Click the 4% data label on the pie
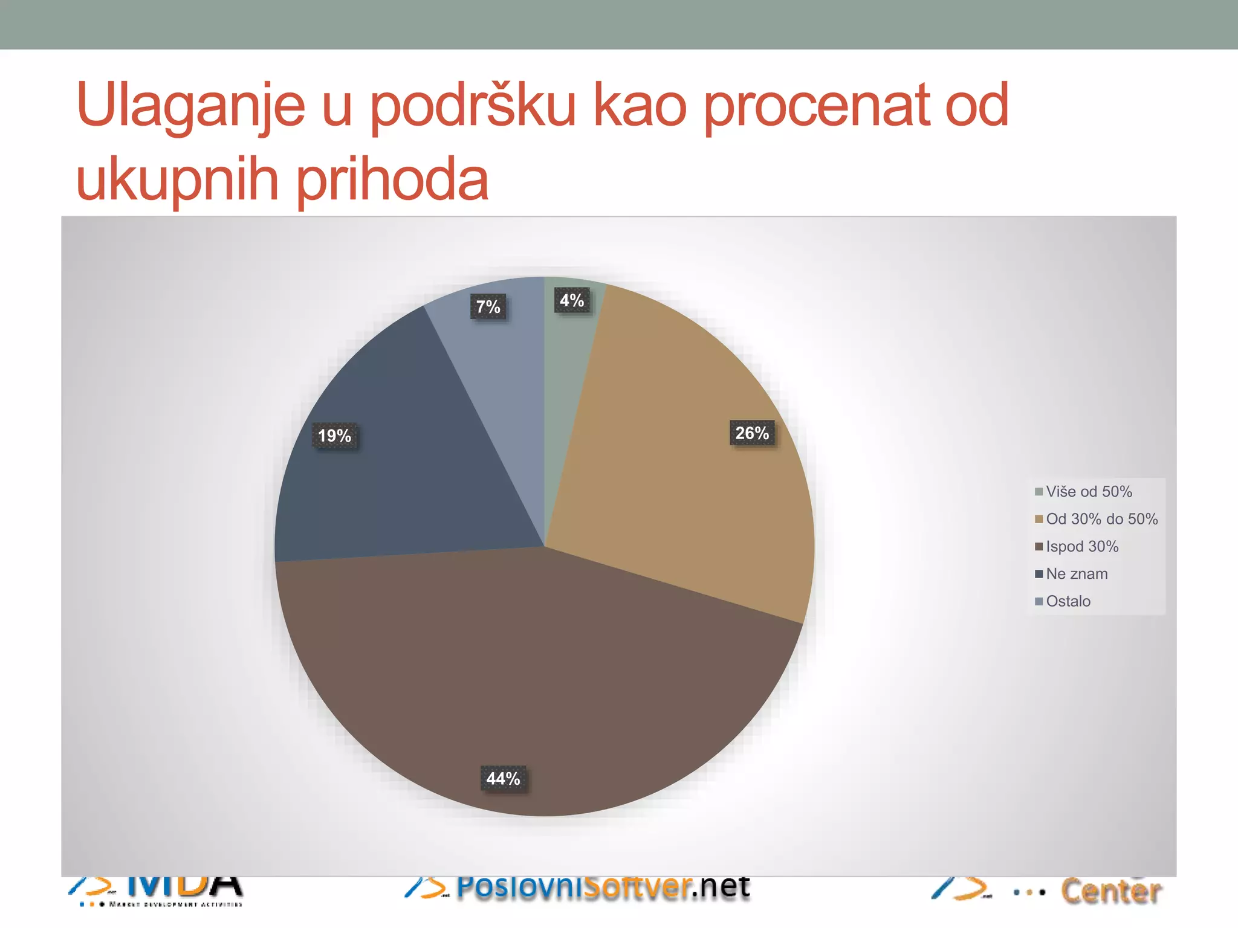(572, 300)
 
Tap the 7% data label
(488, 307)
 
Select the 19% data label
(334, 436)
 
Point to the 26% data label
(752, 433)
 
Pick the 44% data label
(503, 779)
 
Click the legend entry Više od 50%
(1089, 492)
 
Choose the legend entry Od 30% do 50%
(1101, 519)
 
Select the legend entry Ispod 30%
(1082, 547)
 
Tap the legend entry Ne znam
(1077, 574)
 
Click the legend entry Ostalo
(1068, 601)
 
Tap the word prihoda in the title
(393, 180)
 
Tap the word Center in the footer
(1111, 891)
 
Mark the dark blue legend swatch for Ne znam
(1039, 574)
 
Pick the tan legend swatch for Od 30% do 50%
(1039, 519)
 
